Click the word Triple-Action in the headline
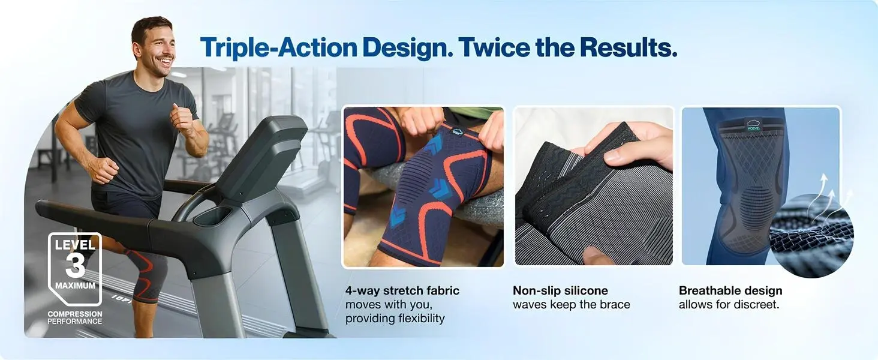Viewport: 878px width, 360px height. click(279, 48)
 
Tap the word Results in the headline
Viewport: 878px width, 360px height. click(629, 47)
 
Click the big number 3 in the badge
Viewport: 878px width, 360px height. click(75, 265)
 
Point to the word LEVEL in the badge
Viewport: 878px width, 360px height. click(75, 245)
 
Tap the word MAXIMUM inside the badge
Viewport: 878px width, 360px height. click(75, 286)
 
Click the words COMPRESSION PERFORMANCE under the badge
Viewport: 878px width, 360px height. click(75, 317)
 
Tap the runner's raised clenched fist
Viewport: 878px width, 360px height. click(182, 117)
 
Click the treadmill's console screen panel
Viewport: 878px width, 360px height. click(262, 157)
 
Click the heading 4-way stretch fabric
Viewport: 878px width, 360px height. click(402, 290)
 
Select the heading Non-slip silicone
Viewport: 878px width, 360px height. click(561, 290)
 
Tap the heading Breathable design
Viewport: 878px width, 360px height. click(730, 290)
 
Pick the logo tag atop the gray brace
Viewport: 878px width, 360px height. click(753, 125)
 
